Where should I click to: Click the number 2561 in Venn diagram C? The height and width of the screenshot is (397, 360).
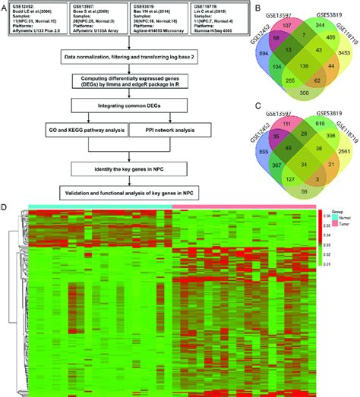click(x=339, y=152)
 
